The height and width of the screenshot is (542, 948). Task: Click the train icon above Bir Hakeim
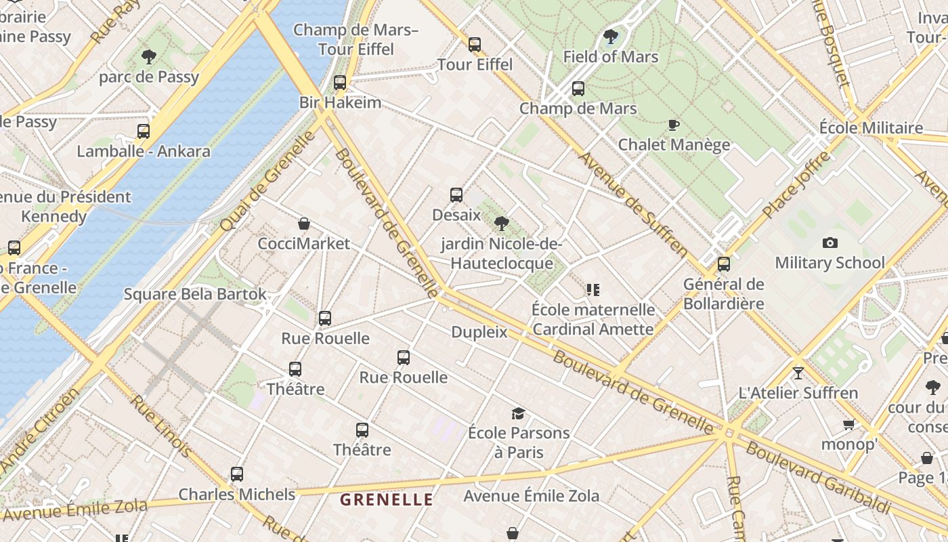(x=340, y=83)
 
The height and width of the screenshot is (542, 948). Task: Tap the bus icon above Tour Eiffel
(x=475, y=45)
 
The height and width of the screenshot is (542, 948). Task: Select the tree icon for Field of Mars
(x=610, y=37)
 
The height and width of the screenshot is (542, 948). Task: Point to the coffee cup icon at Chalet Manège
(x=673, y=125)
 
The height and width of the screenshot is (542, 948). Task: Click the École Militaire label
(x=871, y=127)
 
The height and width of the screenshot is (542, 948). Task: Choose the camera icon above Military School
(x=829, y=243)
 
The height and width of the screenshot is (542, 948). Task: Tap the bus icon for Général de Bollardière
(x=724, y=264)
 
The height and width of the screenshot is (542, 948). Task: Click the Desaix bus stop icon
(x=456, y=195)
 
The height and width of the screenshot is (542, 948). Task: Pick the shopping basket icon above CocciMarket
(x=304, y=224)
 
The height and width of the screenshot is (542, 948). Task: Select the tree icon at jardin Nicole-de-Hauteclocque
(x=501, y=224)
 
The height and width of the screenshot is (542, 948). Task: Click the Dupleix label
(x=479, y=332)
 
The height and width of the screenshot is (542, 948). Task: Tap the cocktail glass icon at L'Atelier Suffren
(x=798, y=373)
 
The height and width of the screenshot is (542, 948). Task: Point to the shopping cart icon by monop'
(x=848, y=425)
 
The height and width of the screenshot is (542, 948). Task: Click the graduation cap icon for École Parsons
(x=518, y=413)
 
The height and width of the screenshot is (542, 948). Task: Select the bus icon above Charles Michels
(x=236, y=474)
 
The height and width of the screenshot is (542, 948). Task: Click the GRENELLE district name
(x=386, y=500)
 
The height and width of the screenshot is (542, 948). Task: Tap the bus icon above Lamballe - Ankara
(x=144, y=131)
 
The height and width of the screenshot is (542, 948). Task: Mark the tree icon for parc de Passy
(x=148, y=57)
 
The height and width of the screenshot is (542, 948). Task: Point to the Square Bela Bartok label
(x=195, y=295)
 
